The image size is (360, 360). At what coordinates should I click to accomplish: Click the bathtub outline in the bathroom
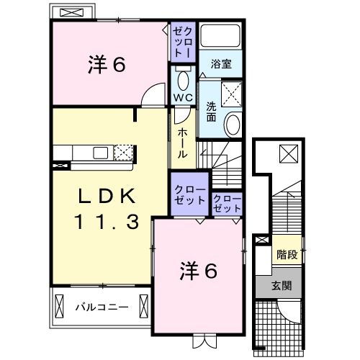(x=221, y=37)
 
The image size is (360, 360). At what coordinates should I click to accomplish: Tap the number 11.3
(x=106, y=223)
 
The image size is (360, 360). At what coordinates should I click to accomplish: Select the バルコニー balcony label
(x=102, y=307)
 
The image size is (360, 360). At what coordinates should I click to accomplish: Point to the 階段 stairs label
(x=287, y=254)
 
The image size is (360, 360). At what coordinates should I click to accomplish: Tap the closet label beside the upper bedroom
(x=181, y=42)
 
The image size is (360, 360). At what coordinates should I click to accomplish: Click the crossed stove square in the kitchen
(x=124, y=152)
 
